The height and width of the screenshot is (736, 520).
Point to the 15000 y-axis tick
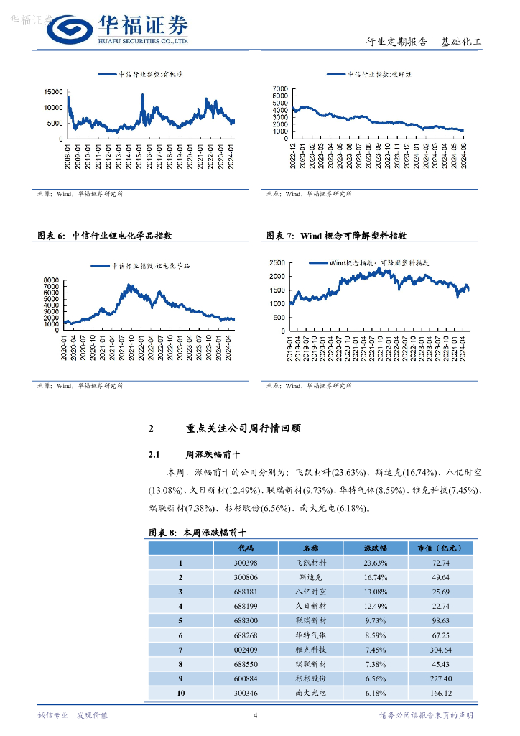coord(53,92)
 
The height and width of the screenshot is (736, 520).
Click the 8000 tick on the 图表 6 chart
coord(52,280)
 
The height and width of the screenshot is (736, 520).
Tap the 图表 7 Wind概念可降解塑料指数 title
coord(337,236)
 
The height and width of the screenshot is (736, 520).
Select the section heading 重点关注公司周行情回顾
coord(243,428)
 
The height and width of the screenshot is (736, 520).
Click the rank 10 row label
coord(181,693)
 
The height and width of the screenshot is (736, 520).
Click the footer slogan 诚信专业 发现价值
coord(72,715)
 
